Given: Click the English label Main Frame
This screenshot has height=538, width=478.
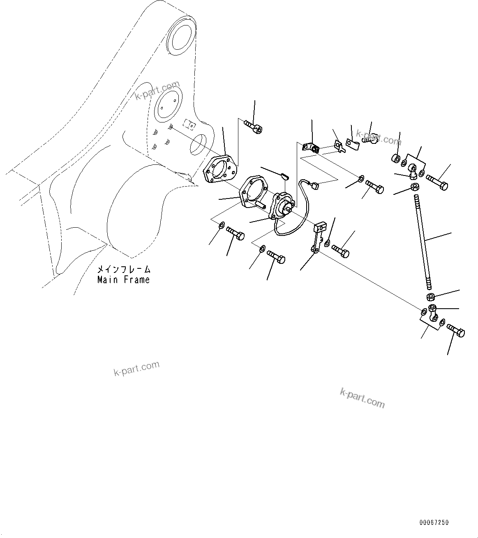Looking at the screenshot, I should tap(123, 280).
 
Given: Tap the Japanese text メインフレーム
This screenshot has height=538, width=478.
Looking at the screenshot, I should tap(123, 270).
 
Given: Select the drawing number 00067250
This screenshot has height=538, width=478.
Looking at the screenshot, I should tap(434, 523).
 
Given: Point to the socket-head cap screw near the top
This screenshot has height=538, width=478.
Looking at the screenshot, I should tap(254, 126).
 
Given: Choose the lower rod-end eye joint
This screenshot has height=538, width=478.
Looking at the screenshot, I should tap(432, 314).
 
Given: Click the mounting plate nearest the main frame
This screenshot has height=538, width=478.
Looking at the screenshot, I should tap(221, 168).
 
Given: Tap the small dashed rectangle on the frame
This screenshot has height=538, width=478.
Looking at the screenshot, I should tap(189, 124).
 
